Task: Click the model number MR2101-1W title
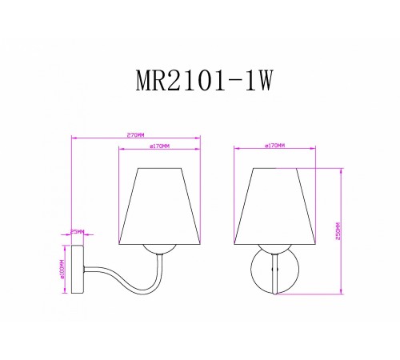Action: pos(200,82)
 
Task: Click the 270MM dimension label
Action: pos(135,134)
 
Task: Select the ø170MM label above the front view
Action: pos(274,146)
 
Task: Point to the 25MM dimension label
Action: pos(77,231)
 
